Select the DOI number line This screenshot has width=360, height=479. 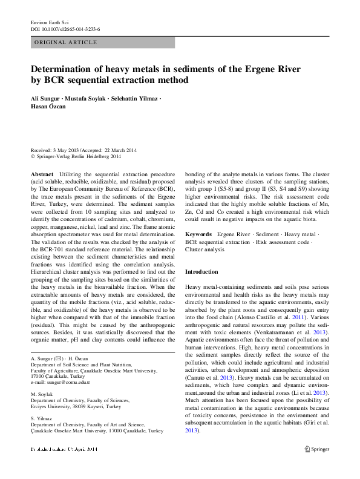65,28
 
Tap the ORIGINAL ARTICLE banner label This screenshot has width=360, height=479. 66,42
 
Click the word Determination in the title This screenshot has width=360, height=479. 65,70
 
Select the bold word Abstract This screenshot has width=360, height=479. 42,174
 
